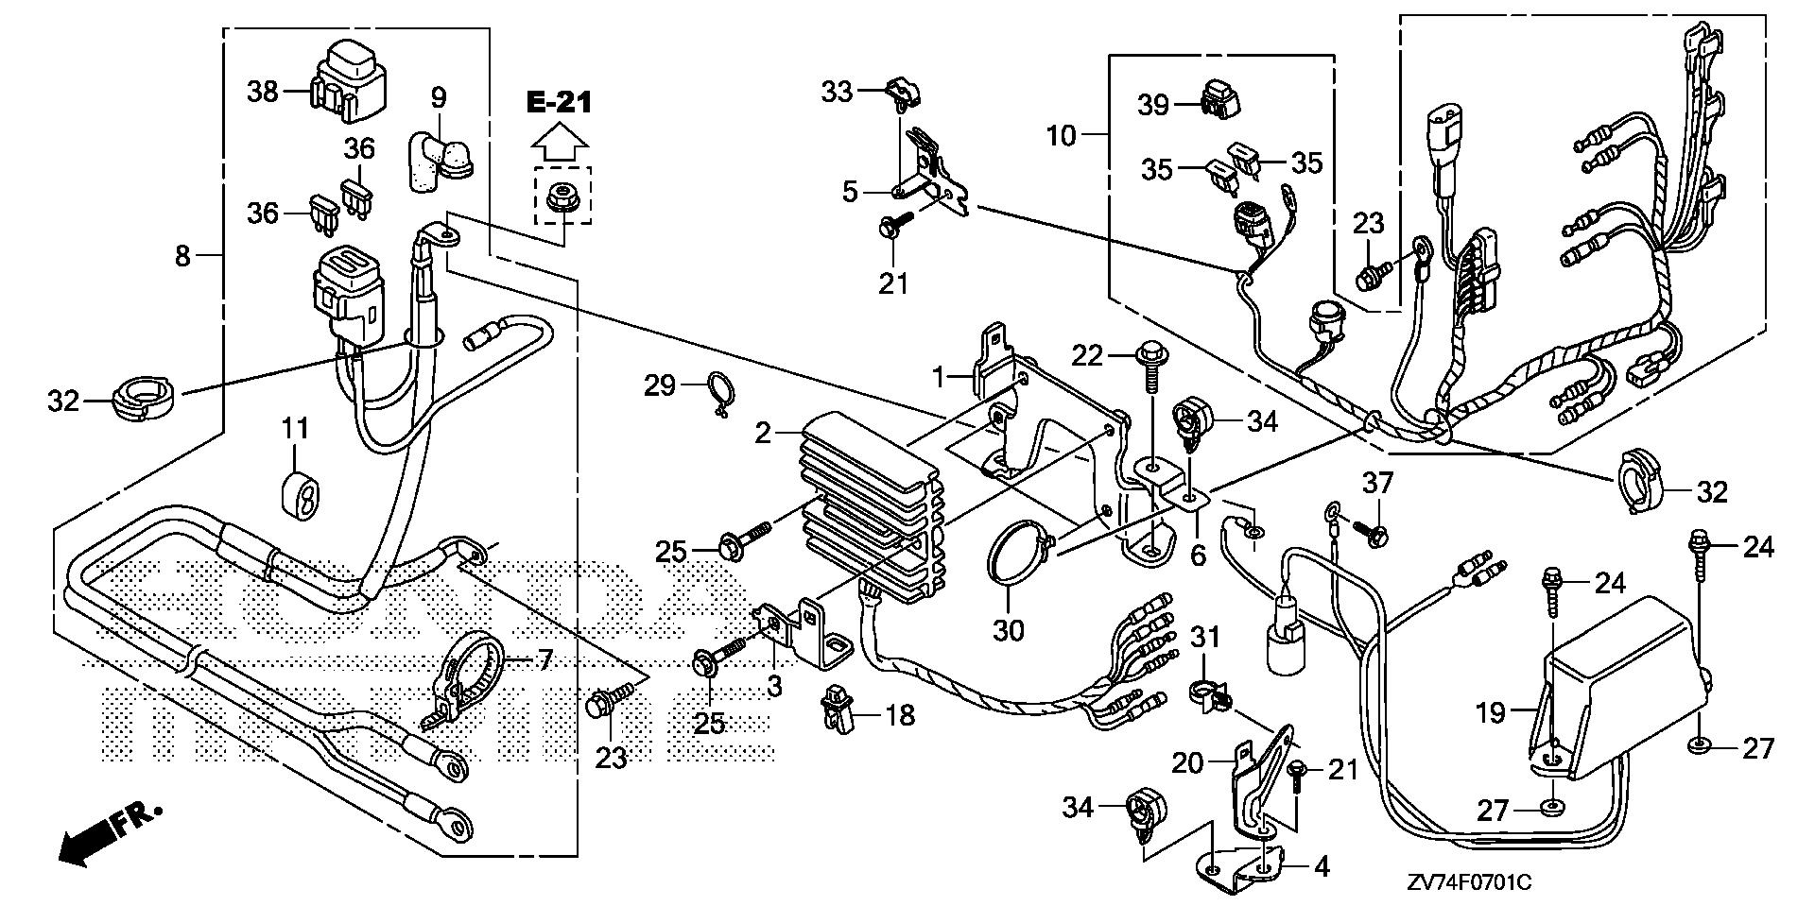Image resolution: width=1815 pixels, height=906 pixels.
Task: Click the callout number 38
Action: click(x=263, y=92)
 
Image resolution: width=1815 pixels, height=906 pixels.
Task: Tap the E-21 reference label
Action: click(x=559, y=103)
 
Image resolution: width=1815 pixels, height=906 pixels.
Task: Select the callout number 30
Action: click(x=1009, y=629)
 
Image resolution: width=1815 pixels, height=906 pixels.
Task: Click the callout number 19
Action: click(x=1491, y=712)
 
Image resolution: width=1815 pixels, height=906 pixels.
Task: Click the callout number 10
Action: click(x=1062, y=136)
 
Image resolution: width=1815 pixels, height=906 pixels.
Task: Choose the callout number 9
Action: click(x=439, y=97)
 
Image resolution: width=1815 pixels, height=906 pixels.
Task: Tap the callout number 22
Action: click(x=1088, y=355)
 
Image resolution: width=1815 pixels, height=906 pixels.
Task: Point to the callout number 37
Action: click(x=1377, y=484)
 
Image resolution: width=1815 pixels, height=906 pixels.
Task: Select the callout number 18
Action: click(x=900, y=715)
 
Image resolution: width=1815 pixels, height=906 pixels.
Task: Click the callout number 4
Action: click(x=1322, y=866)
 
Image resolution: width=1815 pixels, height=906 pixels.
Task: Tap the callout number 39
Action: click(x=1152, y=105)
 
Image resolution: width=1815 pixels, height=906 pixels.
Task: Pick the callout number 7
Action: click(x=544, y=660)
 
